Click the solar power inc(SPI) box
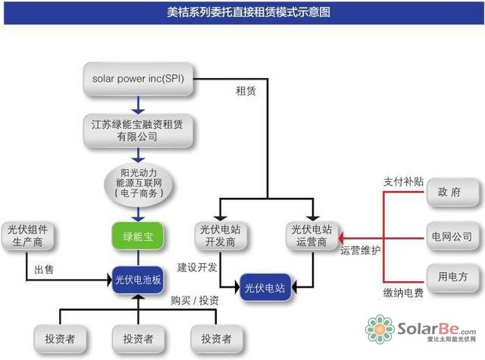pyautogui.click(x=138, y=79)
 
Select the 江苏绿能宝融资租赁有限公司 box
pyautogui.click(x=138, y=130)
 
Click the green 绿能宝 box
pyautogui.click(x=137, y=236)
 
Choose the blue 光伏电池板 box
pyautogui.click(x=137, y=278)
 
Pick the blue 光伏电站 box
pyautogui.click(x=264, y=288)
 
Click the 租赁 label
pyautogui.click(x=246, y=92)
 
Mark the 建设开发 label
pyautogui.click(x=197, y=267)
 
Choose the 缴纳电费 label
pyautogui.click(x=402, y=291)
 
